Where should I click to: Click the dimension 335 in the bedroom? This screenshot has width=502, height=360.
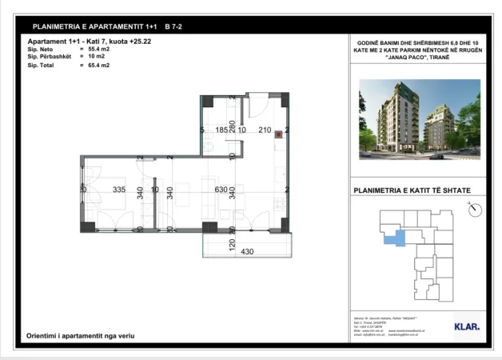(x=120, y=190)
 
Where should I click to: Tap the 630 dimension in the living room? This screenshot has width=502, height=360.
(x=212, y=190)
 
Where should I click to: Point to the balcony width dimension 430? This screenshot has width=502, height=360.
(x=247, y=251)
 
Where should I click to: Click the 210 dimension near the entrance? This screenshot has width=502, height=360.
(x=265, y=130)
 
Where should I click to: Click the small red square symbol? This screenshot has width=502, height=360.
(x=277, y=135)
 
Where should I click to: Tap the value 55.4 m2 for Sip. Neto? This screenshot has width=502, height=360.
(x=99, y=49)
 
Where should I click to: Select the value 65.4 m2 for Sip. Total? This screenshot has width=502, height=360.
(x=99, y=65)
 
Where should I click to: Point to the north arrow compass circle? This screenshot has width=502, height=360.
(x=476, y=210)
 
